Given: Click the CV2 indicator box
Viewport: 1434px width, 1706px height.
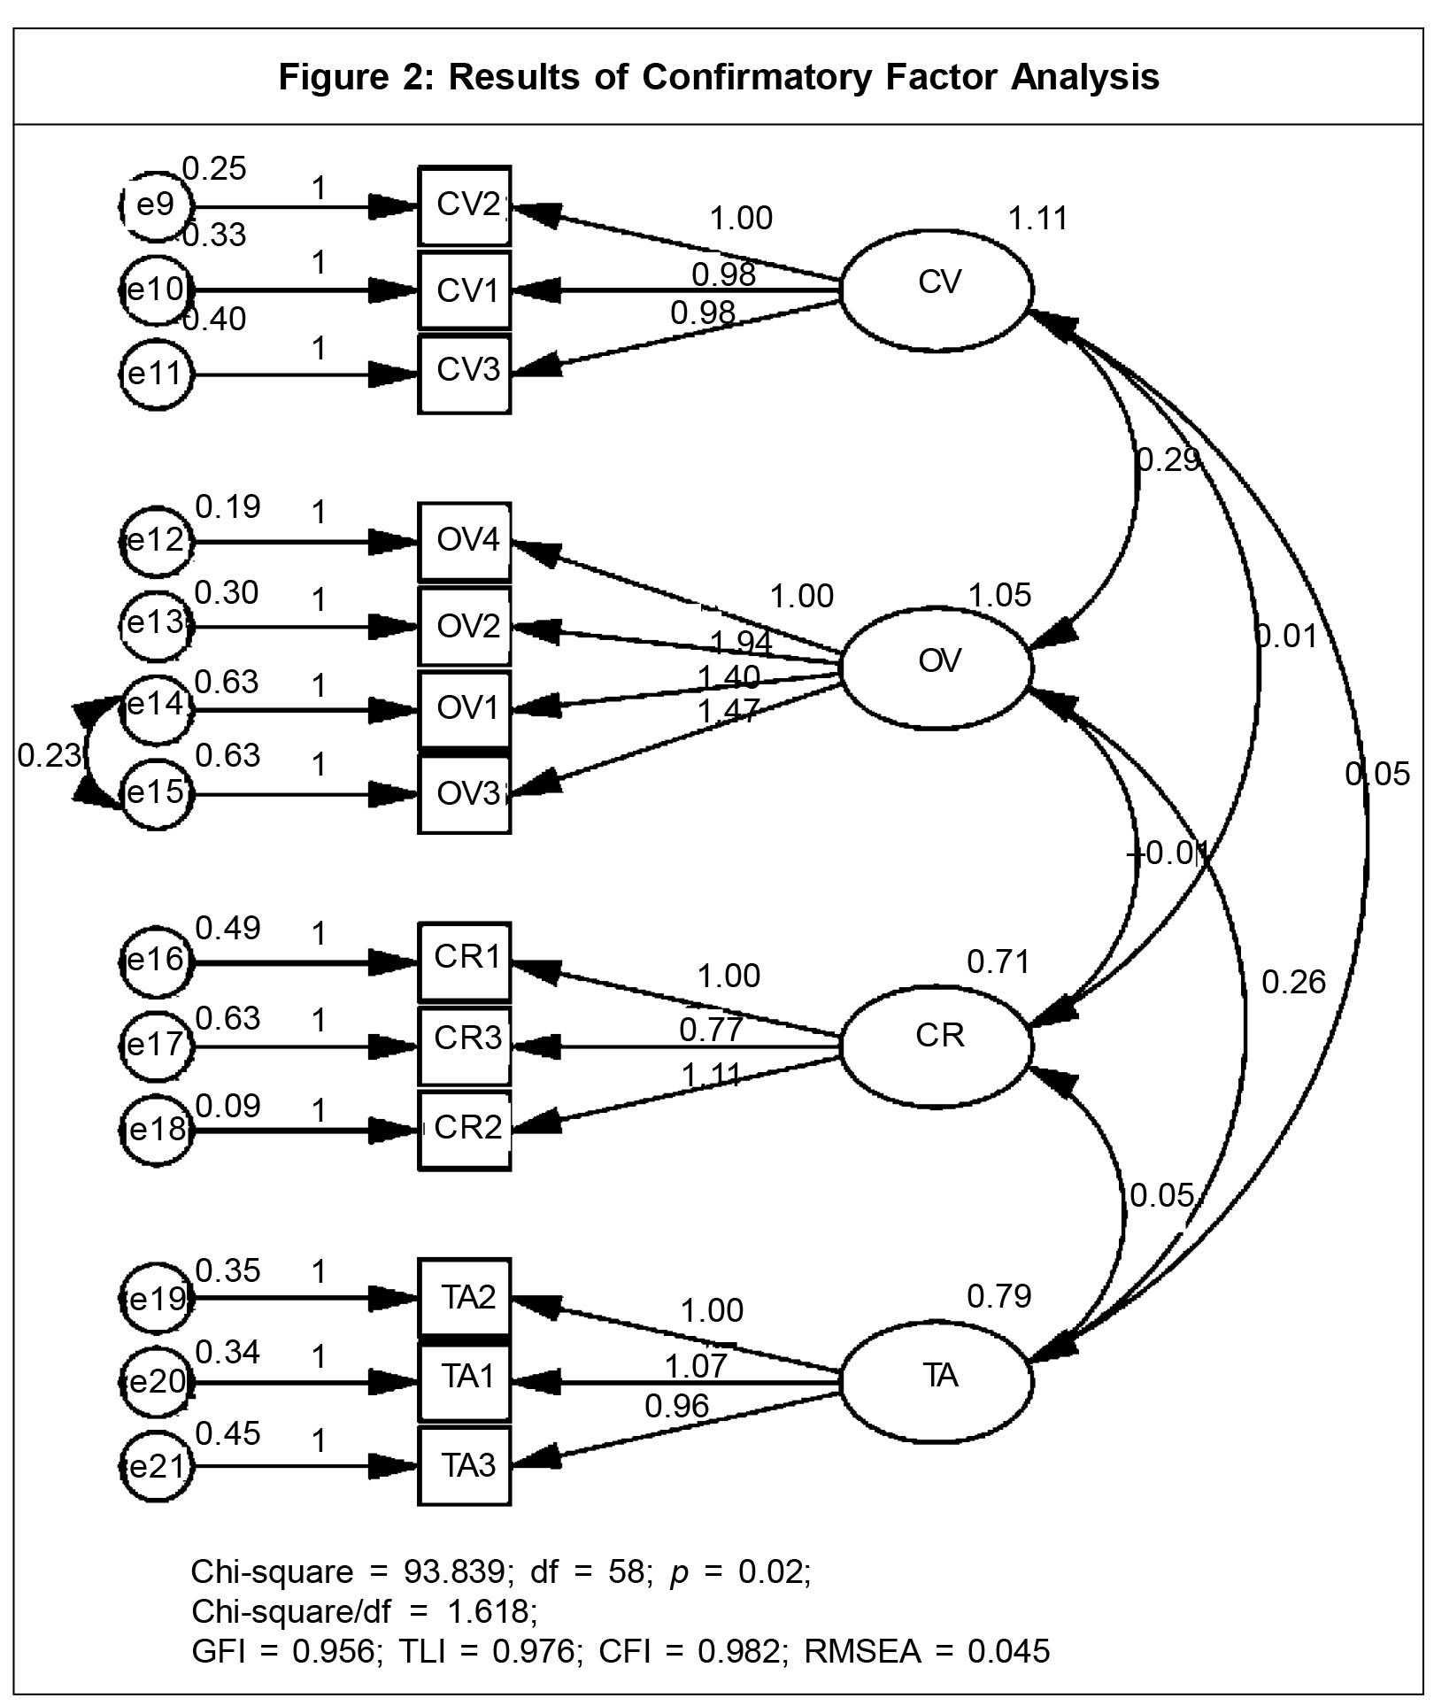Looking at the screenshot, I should pyautogui.click(x=465, y=206).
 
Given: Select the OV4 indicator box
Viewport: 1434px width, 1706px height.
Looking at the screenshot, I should pyautogui.click(x=465, y=541).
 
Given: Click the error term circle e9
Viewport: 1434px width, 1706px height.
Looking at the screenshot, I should pyautogui.click(x=156, y=206).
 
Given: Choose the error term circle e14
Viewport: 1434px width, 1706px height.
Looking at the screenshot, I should pyautogui.click(x=156, y=706).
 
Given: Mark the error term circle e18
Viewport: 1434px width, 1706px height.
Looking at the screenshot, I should pyautogui.click(x=156, y=1130).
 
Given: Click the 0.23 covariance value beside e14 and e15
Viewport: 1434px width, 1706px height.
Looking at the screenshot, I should pyautogui.click(x=49, y=755).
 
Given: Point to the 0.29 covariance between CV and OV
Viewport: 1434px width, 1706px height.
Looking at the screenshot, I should pyautogui.click(x=1168, y=459).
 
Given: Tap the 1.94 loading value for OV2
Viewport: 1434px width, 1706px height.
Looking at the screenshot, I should pyautogui.click(x=741, y=642).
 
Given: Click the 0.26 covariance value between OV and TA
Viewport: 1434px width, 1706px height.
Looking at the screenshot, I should pyautogui.click(x=1293, y=982).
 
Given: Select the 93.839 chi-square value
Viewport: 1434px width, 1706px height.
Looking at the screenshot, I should pyautogui.click(x=454, y=1571).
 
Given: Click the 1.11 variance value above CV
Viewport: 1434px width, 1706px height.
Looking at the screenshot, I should pyautogui.click(x=1038, y=218).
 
